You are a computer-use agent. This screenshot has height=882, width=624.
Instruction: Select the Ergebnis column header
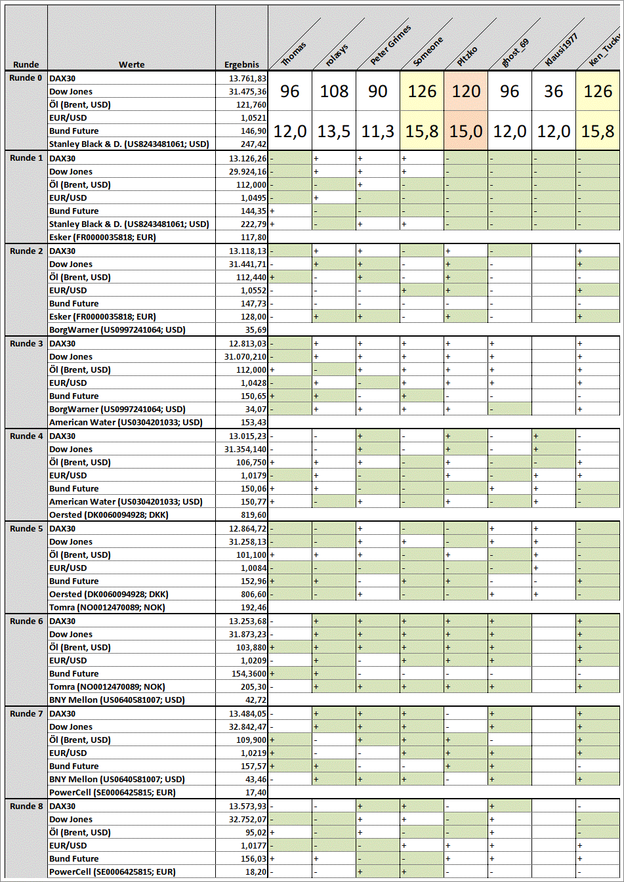(241, 64)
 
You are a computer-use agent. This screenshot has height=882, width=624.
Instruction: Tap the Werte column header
(131, 64)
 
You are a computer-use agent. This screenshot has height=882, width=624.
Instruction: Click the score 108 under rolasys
(334, 91)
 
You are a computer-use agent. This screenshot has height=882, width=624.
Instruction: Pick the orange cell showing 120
(466, 91)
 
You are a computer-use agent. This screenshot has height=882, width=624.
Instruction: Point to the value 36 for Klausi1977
(553, 91)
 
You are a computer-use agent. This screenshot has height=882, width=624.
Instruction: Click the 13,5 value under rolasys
(334, 131)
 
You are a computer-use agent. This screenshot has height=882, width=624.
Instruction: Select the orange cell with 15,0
(466, 131)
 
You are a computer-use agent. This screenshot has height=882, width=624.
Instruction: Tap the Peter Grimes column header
(390, 46)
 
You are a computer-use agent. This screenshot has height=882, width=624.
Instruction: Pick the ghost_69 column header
(515, 52)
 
